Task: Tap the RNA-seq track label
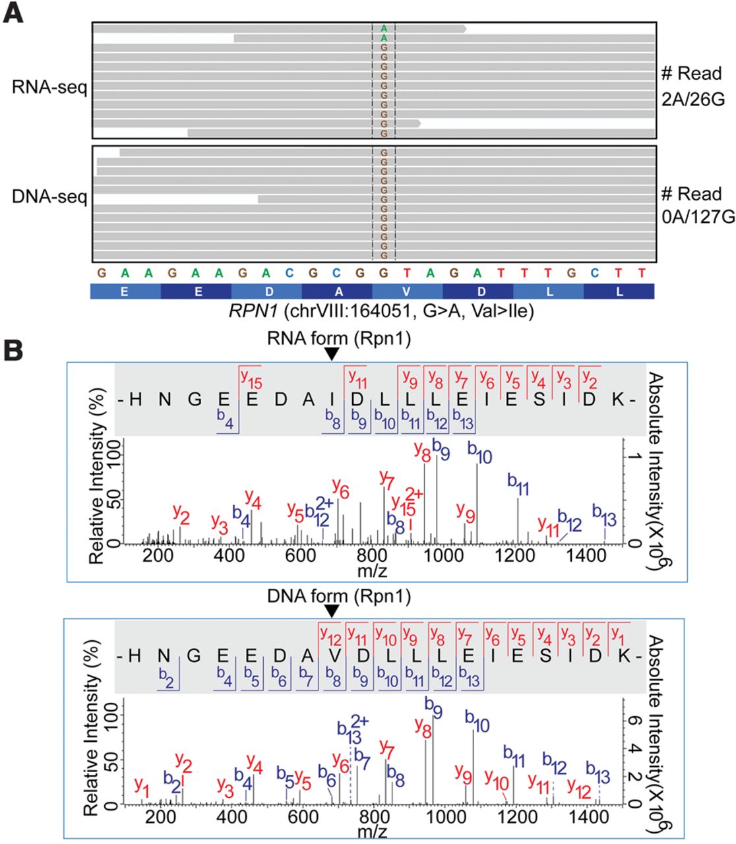(x=49, y=87)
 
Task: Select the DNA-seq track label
(x=49, y=196)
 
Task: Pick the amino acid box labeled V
(x=407, y=291)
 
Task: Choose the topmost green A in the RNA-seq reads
(x=384, y=28)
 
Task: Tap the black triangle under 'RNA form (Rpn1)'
(x=332, y=355)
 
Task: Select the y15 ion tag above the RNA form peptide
(x=251, y=377)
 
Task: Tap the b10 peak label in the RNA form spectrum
(x=480, y=454)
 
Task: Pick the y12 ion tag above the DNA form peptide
(x=331, y=634)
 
